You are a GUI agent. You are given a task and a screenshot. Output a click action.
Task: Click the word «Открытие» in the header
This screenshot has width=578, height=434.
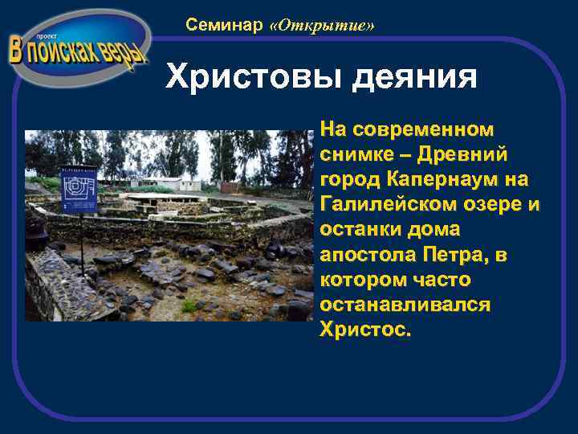point(323,26)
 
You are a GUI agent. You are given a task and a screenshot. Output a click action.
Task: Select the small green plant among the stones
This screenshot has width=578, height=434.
point(189,306)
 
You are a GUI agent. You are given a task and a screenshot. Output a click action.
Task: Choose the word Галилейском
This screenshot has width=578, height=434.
point(405,203)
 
